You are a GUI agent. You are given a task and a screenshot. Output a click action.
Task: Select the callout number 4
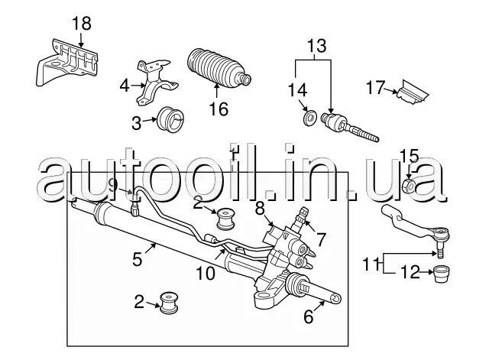tap(124, 86)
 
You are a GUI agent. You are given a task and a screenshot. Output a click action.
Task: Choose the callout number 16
tap(219, 109)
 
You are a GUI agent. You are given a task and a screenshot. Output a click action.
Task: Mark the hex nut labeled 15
tap(409, 186)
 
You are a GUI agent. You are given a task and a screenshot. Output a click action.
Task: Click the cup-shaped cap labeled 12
tap(442, 273)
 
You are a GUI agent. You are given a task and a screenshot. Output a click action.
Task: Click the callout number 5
tap(137, 259)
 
